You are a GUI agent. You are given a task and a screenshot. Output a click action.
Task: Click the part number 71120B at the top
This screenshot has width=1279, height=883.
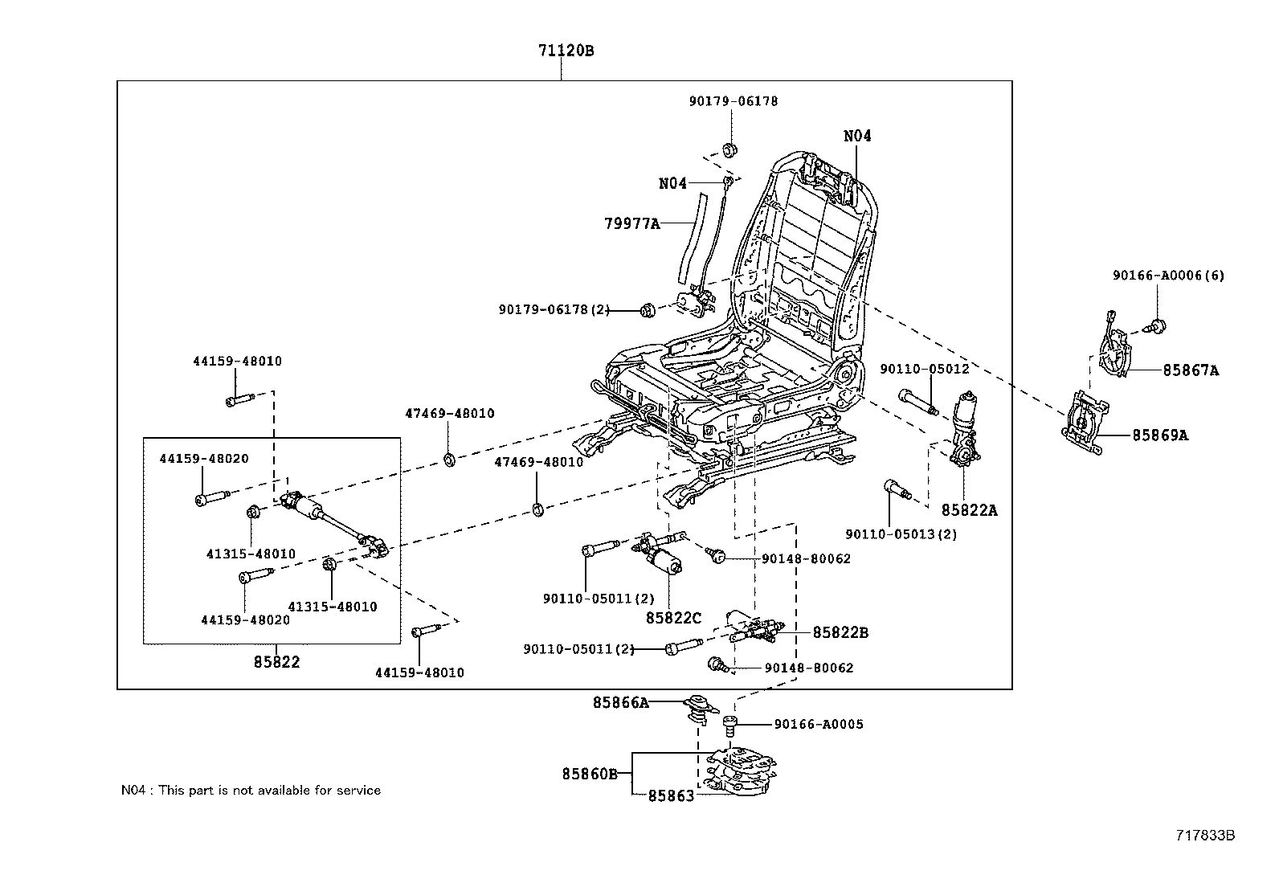click(x=566, y=51)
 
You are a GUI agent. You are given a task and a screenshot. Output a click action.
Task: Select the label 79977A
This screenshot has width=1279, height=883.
click(x=631, y=223)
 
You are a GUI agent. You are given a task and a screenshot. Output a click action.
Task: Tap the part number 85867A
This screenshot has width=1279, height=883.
click(x=1191, y=370)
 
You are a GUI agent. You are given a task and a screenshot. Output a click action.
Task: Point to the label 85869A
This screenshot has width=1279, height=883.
click(x=1160, y=435)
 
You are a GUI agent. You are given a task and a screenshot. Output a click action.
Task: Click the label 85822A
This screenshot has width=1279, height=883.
click(x=969, y=510)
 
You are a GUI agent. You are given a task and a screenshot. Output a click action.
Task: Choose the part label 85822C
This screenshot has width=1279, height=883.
click(x=673, y=618)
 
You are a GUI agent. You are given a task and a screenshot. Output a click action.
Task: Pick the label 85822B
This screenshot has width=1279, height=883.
click(x=840, y=632)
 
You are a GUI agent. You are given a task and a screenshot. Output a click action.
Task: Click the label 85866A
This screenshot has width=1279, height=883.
click(x=620, y=702)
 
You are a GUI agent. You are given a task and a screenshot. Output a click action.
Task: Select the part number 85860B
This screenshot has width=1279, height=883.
click(x=589, y=775)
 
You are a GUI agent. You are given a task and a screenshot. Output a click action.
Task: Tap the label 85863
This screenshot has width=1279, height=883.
click(x=671, y=796)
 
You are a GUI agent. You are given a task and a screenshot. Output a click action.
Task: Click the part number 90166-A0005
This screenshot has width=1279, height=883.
click(x=819, y=724)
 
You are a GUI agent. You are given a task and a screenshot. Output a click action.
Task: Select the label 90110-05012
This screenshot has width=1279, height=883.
click(x=924, y=369)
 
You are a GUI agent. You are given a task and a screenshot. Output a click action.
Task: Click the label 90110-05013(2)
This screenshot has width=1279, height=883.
click(x=901, y=534)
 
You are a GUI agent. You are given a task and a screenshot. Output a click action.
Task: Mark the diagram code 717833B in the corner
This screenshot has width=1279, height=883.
click(x=1205, y=836)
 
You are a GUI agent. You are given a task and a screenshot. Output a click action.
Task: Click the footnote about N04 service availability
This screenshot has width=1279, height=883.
click(x=251, y=791)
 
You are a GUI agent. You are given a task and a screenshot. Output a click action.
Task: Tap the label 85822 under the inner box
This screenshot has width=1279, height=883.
click(x=276, y=662)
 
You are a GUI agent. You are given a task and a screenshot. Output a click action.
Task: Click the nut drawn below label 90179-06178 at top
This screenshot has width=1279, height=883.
click(x=730, y=149)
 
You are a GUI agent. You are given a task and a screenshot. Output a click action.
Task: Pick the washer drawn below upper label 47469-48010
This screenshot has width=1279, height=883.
click(x=449, y=460)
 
